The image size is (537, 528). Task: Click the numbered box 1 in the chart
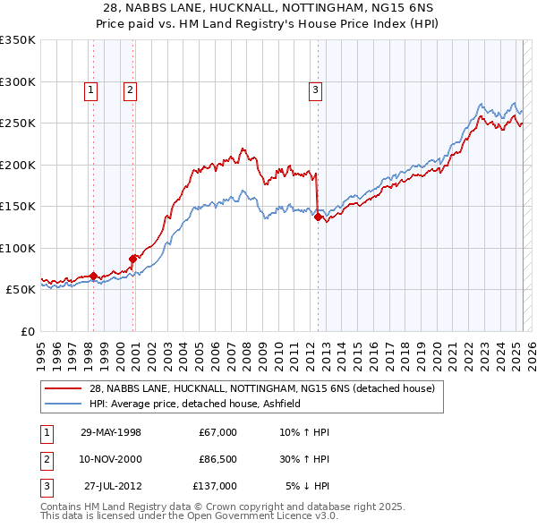click(92, 89)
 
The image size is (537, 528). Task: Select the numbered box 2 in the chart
click(130, 89)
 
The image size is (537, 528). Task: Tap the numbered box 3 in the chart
click(316, 89)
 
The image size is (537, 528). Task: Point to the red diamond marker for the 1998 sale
click(93, 276)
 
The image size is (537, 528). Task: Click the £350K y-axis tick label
click(18, 40)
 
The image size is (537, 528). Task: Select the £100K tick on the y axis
click(18, 248)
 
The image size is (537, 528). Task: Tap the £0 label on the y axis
click(27, 331)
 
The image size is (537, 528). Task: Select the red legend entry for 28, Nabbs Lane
click(261, 388)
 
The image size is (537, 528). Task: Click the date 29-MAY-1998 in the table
click(110, 432)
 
